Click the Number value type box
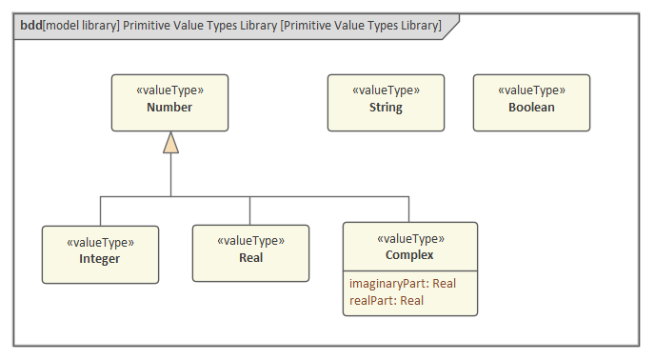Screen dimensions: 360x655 pos(169,102)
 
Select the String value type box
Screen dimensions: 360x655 pos(386,102)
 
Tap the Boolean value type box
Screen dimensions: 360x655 pos(531,102)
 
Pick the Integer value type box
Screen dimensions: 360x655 pos(100,254)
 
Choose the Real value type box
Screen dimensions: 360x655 pos(250,252)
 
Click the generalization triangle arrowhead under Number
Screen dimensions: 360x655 pos(170,143)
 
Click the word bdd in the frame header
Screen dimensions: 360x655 pos(30,26)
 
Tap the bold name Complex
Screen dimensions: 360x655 pos(409,255)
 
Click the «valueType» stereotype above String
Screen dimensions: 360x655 pos(386,90)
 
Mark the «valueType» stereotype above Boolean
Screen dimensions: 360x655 pos(531,90)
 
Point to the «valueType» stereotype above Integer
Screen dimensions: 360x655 pos(100,242)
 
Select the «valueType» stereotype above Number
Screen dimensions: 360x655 pos(169,90)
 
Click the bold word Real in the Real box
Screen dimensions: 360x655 pos(250,257)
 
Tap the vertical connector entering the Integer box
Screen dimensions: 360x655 pos(100,210)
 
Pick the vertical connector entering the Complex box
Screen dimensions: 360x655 pos(409,209)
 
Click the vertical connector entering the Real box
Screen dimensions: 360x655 pos(250,210)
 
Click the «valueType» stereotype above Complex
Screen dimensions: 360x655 pos(409,239)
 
